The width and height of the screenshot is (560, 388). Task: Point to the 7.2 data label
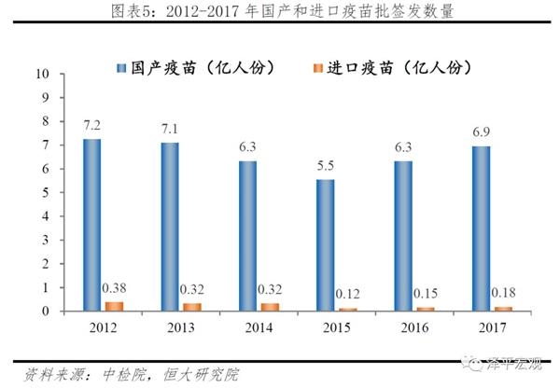point(91,124)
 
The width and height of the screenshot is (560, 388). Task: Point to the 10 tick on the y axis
point(40,73)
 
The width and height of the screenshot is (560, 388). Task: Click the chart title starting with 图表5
point(280,11)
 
